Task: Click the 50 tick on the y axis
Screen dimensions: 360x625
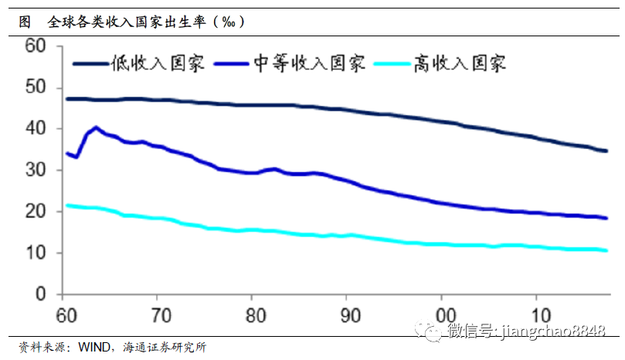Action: tap(36, 88)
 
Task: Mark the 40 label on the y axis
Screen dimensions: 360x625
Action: tap(36, 129)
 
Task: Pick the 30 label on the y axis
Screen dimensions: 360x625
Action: tap(36, 171)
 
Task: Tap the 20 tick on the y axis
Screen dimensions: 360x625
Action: tap(36, 212)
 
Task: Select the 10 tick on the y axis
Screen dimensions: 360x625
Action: tap(36, 253)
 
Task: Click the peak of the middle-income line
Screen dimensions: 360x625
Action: tap(95, 127)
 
